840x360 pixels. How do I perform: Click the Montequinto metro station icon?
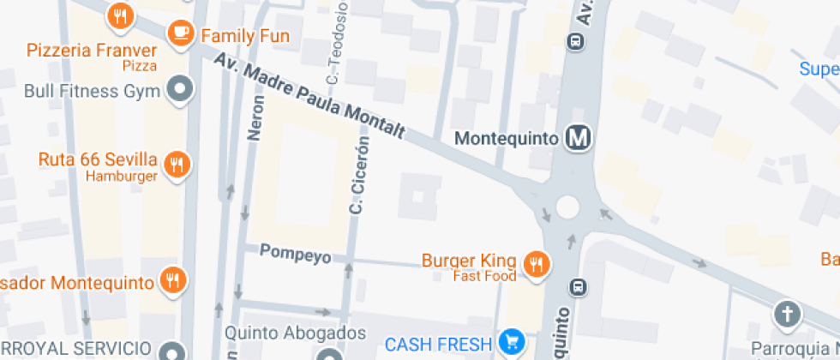(x=580, y=137)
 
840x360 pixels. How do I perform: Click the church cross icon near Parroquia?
(x=786, y=315)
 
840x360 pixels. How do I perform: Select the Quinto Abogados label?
(x=295, y=333)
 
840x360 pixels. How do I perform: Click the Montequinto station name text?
(x=507, y=138)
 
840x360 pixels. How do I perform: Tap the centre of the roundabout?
(x=567, y=207)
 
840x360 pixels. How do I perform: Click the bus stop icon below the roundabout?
(x=579, y=287)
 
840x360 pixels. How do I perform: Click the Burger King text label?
(x=469, y=260)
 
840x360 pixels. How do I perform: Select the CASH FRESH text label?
(x=438, y=345)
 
